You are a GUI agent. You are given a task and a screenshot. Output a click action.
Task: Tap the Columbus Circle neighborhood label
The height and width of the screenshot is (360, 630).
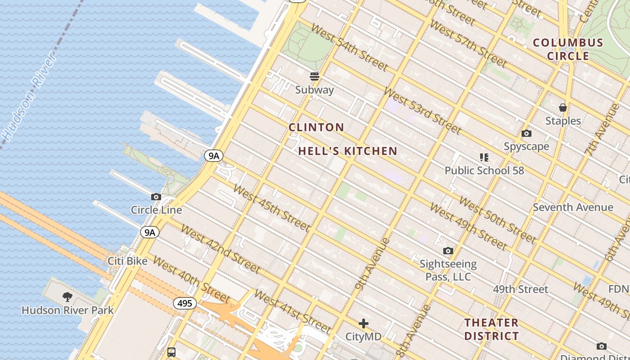coord(567,49)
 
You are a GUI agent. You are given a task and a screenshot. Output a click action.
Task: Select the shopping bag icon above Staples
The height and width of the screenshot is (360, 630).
coord(562,108)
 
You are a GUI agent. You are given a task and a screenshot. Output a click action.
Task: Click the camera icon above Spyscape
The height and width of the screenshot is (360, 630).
coord(526,133)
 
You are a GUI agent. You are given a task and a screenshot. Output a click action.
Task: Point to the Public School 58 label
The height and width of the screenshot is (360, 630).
coord(484,171)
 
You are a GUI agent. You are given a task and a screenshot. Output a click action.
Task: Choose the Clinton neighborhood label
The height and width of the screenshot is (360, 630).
coord(316,127)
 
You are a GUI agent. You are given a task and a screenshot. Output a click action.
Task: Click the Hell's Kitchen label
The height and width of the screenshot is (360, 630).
coord(348,151)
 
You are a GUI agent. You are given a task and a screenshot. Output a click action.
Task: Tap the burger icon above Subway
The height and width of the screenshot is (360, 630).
coord(315,76)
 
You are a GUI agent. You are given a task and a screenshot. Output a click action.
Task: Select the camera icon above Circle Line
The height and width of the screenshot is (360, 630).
coord(156,197)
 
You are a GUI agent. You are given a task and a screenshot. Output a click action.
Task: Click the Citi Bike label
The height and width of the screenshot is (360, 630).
coord(127,261)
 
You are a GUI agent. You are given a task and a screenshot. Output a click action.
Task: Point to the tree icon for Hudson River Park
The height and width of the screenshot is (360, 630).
coord(67,297)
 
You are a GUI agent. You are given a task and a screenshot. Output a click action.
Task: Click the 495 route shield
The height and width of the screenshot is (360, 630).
coord(184,303)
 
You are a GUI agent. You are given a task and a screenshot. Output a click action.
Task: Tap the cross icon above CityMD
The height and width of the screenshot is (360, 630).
coord(363,324)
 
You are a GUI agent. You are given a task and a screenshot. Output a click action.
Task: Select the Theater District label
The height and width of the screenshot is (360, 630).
coord(491,329)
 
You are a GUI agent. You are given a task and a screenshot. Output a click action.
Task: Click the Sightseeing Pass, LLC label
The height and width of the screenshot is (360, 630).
coord(448,270)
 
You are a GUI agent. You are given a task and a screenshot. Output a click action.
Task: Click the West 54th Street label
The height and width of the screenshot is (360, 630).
coord(349,47)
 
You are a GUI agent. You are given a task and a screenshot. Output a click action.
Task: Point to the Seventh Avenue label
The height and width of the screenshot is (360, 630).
coord(572,207)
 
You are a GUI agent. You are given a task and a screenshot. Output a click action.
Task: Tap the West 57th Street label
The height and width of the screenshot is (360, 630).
coord(468,43)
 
